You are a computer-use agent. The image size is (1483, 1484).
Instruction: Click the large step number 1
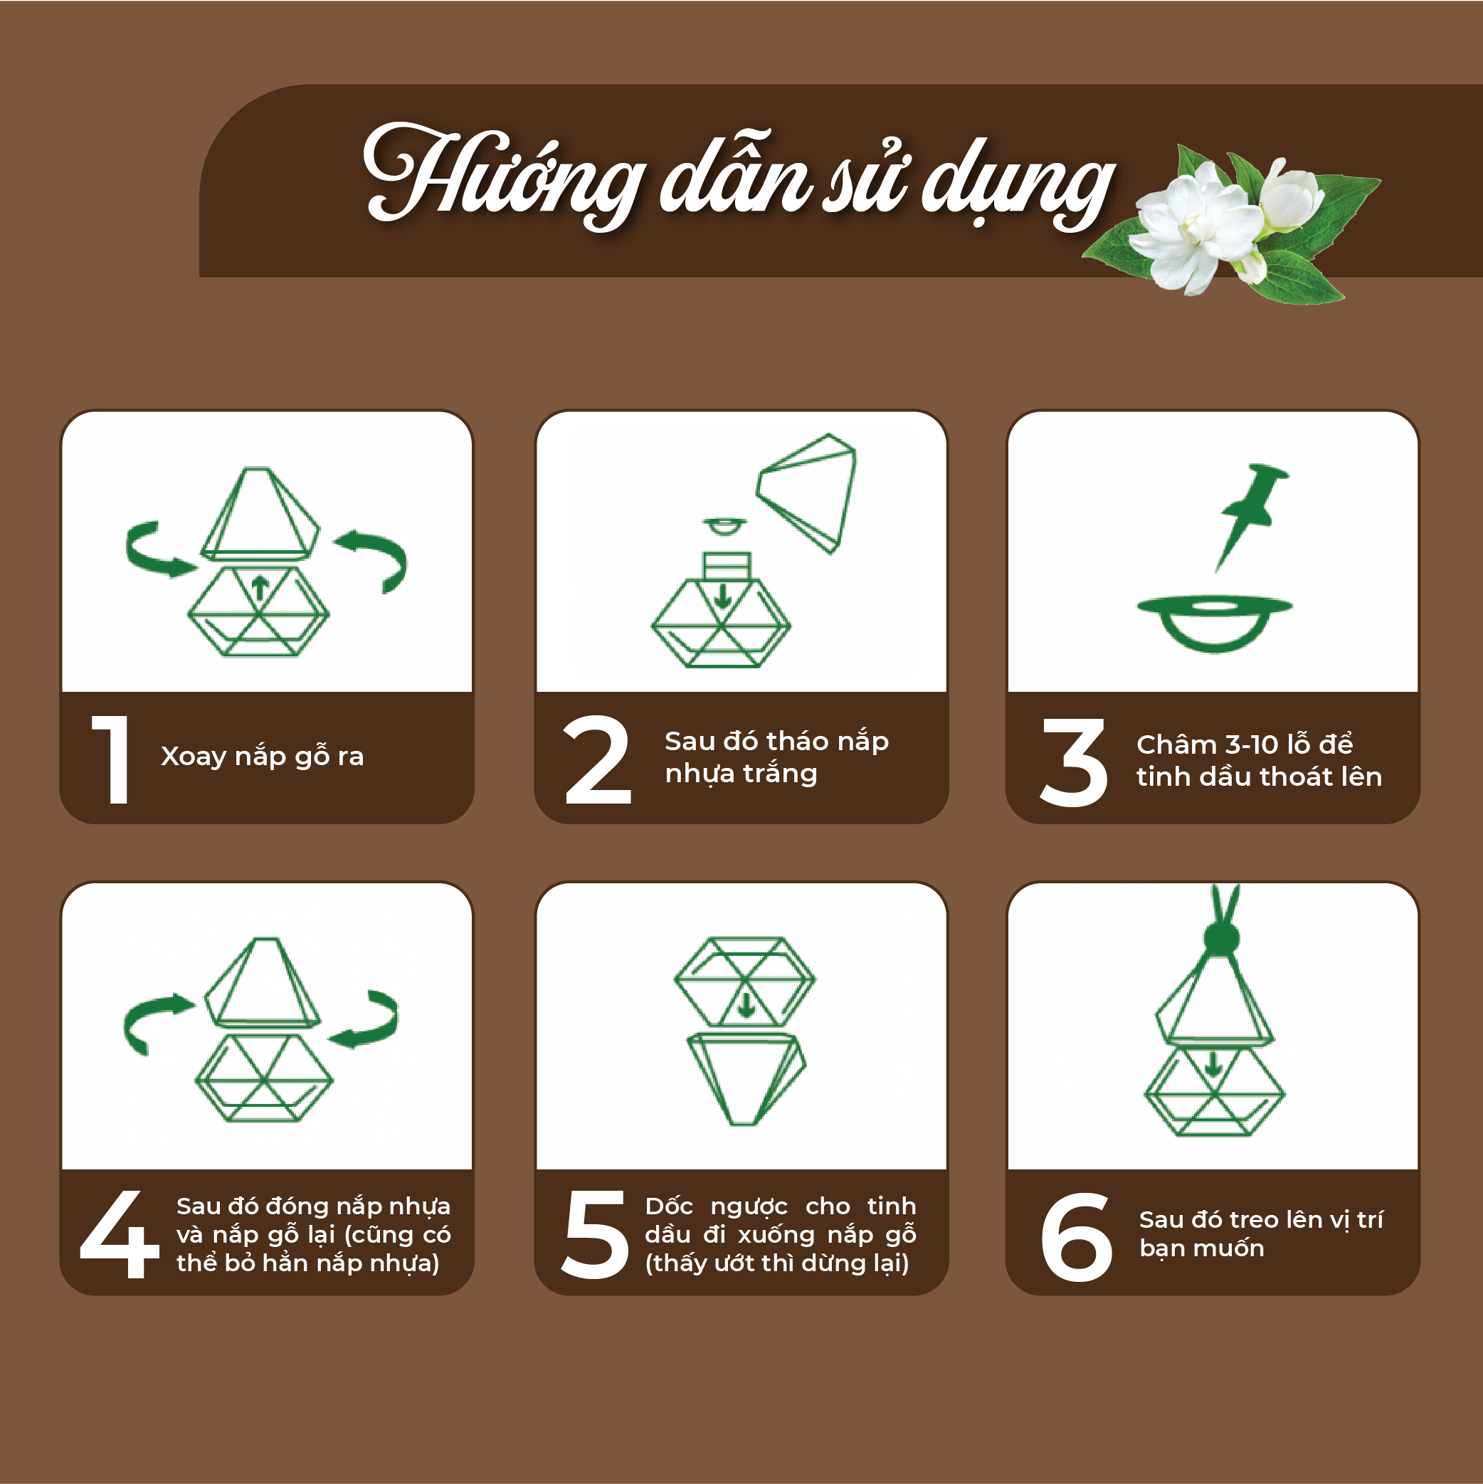pyautogui.click(x=110, y=759)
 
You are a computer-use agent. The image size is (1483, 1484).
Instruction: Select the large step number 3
pyautogui.click(x=1074, y=762)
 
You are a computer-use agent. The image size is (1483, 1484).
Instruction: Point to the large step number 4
pyautogui.click(x=120, y=1234)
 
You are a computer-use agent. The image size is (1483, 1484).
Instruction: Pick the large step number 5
pyautogui.click(x=594, y=1235)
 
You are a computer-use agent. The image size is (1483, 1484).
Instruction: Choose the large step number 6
pyautogui.click(x=1077, y=1238)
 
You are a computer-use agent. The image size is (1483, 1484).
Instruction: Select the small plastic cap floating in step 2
pyautogui.click(x=724, y=526)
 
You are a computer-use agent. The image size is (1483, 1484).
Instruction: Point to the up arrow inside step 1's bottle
pyautogui.click(x=260, y=588)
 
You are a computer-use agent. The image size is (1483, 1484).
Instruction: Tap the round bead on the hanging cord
pyautogui.click(x=1221, y=938)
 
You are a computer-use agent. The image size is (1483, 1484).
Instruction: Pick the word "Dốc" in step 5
pyautogui.click(x=669, y=1206)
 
